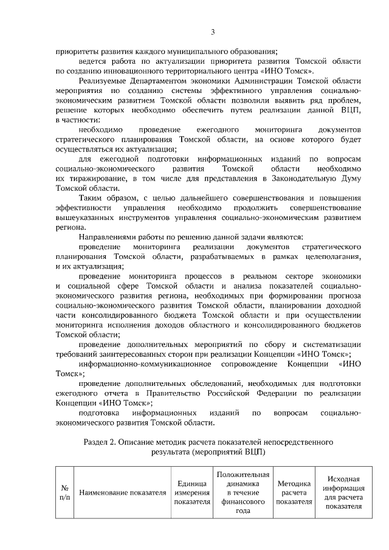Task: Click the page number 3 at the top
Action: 213,32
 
